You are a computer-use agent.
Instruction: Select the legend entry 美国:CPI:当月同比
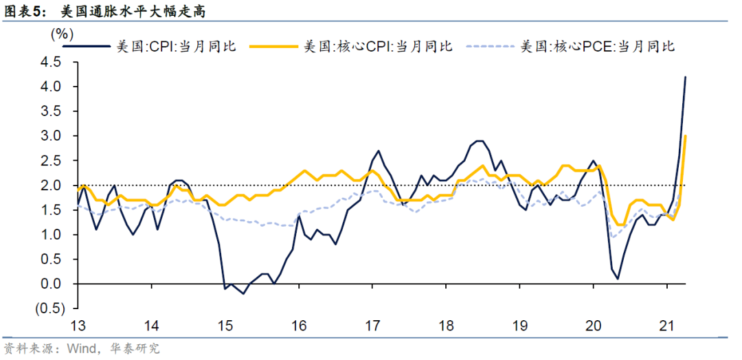point(176,47)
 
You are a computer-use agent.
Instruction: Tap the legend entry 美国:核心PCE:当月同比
point(597,47)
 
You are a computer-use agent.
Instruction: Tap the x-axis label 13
point(77,325)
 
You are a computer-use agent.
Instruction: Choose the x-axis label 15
point(225,325)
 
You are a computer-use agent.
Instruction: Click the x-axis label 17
point(372,325)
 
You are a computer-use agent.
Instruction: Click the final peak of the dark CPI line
point(686,77)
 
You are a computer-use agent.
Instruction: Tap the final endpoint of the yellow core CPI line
point(686,136)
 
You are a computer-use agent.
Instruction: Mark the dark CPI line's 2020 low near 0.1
point(618,278)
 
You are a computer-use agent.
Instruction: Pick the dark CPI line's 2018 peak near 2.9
point(480,141)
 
